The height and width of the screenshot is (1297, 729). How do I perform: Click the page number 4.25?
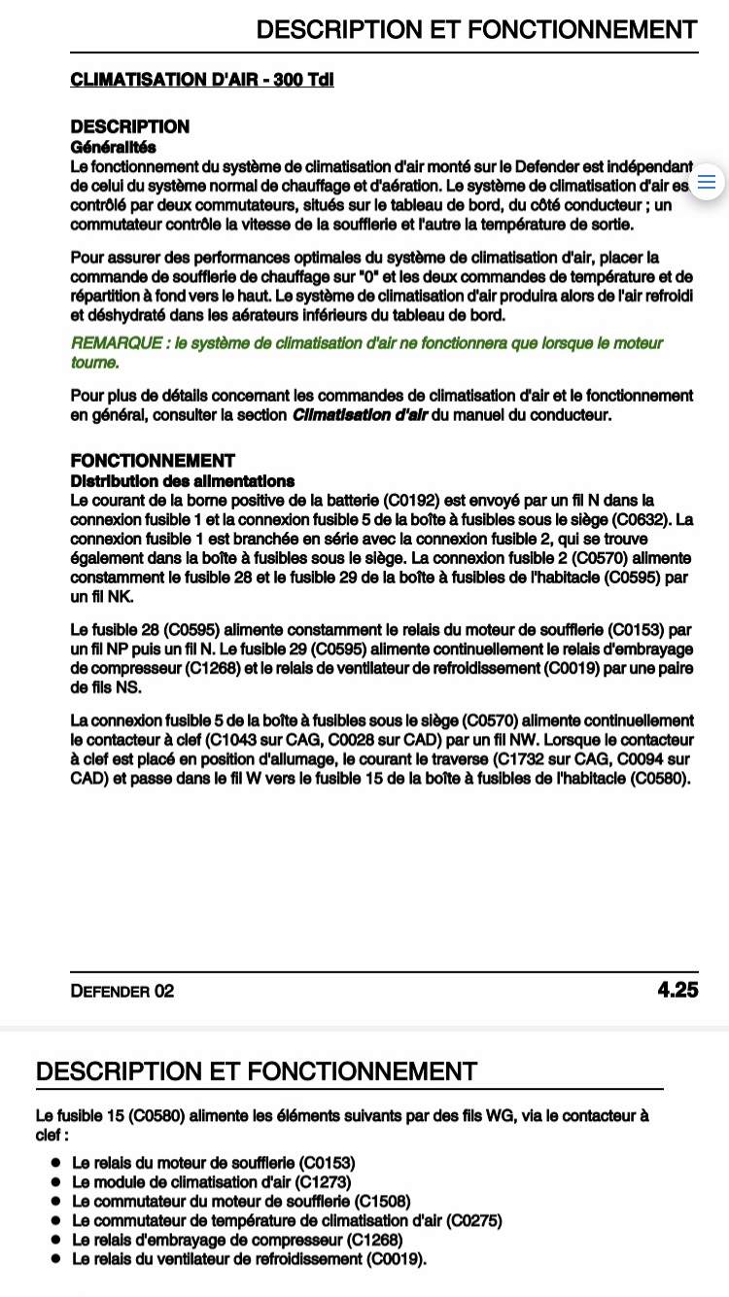tap(677, 991)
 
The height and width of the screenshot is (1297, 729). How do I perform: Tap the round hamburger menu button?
tap(707, 182)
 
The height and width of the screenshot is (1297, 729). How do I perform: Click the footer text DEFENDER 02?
tap(122, 992)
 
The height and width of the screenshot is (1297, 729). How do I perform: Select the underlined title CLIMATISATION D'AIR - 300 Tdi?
tap(202, 80)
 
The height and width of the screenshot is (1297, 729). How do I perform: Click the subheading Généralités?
tap(113, 147)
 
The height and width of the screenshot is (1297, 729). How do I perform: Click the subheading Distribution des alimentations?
tap(182, 481)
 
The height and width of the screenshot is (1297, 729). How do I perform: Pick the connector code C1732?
tap(523, 759)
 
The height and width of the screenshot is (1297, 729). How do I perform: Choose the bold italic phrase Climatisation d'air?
tap(360, 415)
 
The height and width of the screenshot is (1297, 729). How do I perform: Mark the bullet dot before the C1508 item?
tap(56, 1201)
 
